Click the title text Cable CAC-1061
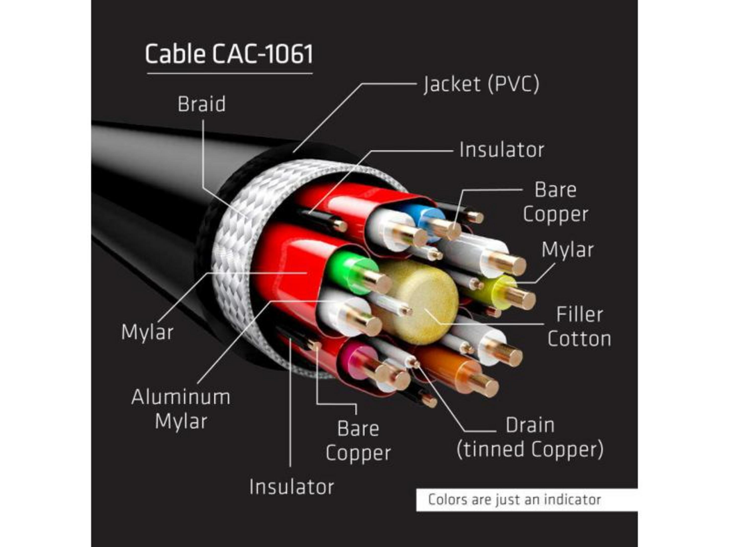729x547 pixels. pyautogui.click(x=229, y=54)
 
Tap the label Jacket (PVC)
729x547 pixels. pyautogui.click(x=481, y=84)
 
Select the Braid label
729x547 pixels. pyautogui.click(x=202, y=104)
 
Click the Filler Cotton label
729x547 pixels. pyautogui.click(x=579, y=327)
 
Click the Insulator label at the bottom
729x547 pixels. pyautogui.click(x=292, y=487)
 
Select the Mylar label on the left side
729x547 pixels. pyautogui.click(x=147, y=332)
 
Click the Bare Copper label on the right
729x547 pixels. pyautogui.click(x=556, y=202)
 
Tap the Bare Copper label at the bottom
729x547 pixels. pyautogui.click(x=358, y=441)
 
